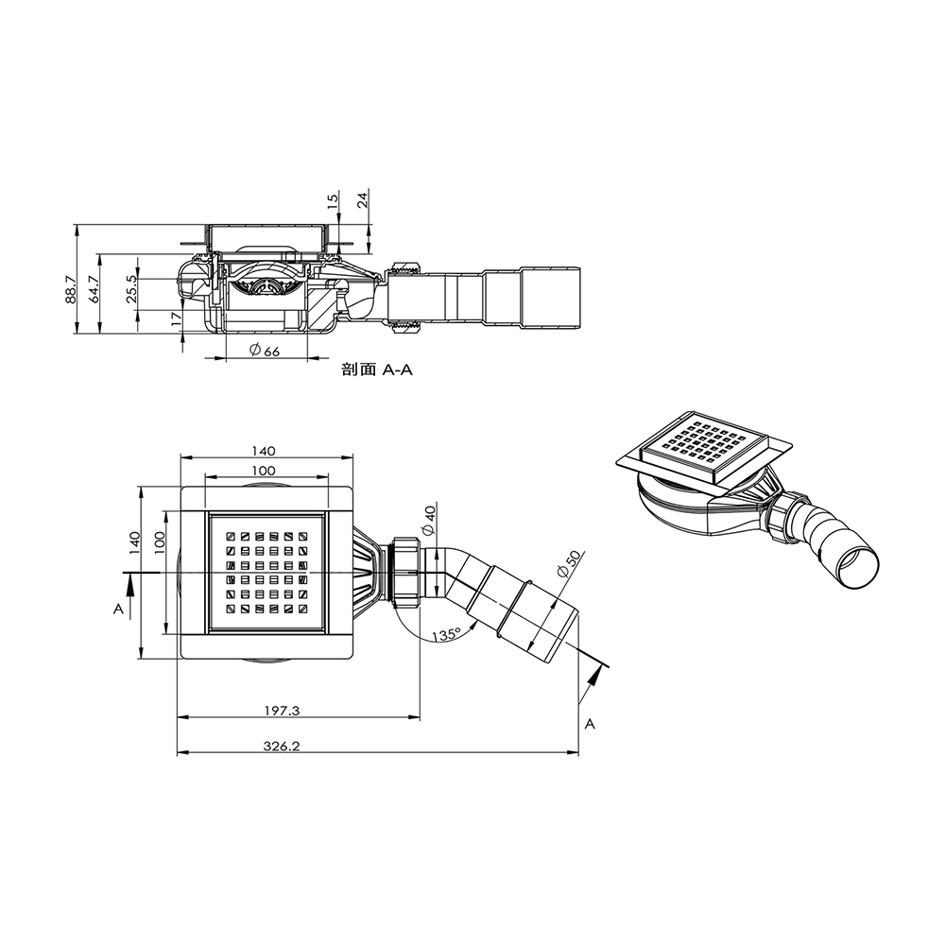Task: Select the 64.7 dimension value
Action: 93,289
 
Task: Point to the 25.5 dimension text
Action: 132,285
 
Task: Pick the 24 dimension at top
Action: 362,199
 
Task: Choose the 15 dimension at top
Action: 332,201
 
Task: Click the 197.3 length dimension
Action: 283,710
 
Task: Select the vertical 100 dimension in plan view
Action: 161,540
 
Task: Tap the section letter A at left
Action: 118,610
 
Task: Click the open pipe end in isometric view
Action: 859,569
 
